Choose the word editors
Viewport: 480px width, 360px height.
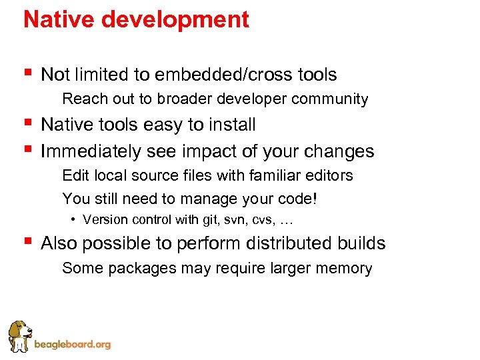click(327, 176)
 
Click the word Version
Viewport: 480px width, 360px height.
click(104, 219)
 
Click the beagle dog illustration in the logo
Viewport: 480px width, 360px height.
click(20, 335)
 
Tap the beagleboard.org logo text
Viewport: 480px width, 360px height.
click(72, 345)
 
